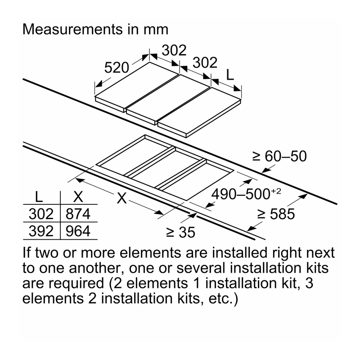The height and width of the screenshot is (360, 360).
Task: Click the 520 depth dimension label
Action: [x=117, y=68]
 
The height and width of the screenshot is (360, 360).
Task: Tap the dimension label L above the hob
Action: [x=230, y=75]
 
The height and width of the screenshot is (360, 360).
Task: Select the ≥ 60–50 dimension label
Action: [x=279, y=156]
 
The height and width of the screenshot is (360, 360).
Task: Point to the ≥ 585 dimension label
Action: [x=276, y=214]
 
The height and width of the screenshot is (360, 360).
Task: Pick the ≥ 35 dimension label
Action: [x=180, y=232]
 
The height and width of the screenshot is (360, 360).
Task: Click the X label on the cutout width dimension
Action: [x=121, y=198]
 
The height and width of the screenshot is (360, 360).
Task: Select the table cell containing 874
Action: [x=78, y=214]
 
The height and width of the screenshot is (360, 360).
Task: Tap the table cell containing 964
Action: [x=78, y=231]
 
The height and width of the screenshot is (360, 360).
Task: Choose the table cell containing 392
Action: [x=41, y=231]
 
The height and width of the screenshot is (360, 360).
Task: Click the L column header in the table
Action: [x=39, y=197]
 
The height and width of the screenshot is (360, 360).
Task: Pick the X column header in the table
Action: [x=78, y=197]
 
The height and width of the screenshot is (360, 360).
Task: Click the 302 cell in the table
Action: [x=41, y=214]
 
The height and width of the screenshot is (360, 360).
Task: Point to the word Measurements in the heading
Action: [x=73, y=30]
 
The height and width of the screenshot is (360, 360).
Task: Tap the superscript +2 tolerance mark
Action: [x=276, y=191]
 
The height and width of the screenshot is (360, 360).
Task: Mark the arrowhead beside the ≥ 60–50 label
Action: [x=266, y=170]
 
